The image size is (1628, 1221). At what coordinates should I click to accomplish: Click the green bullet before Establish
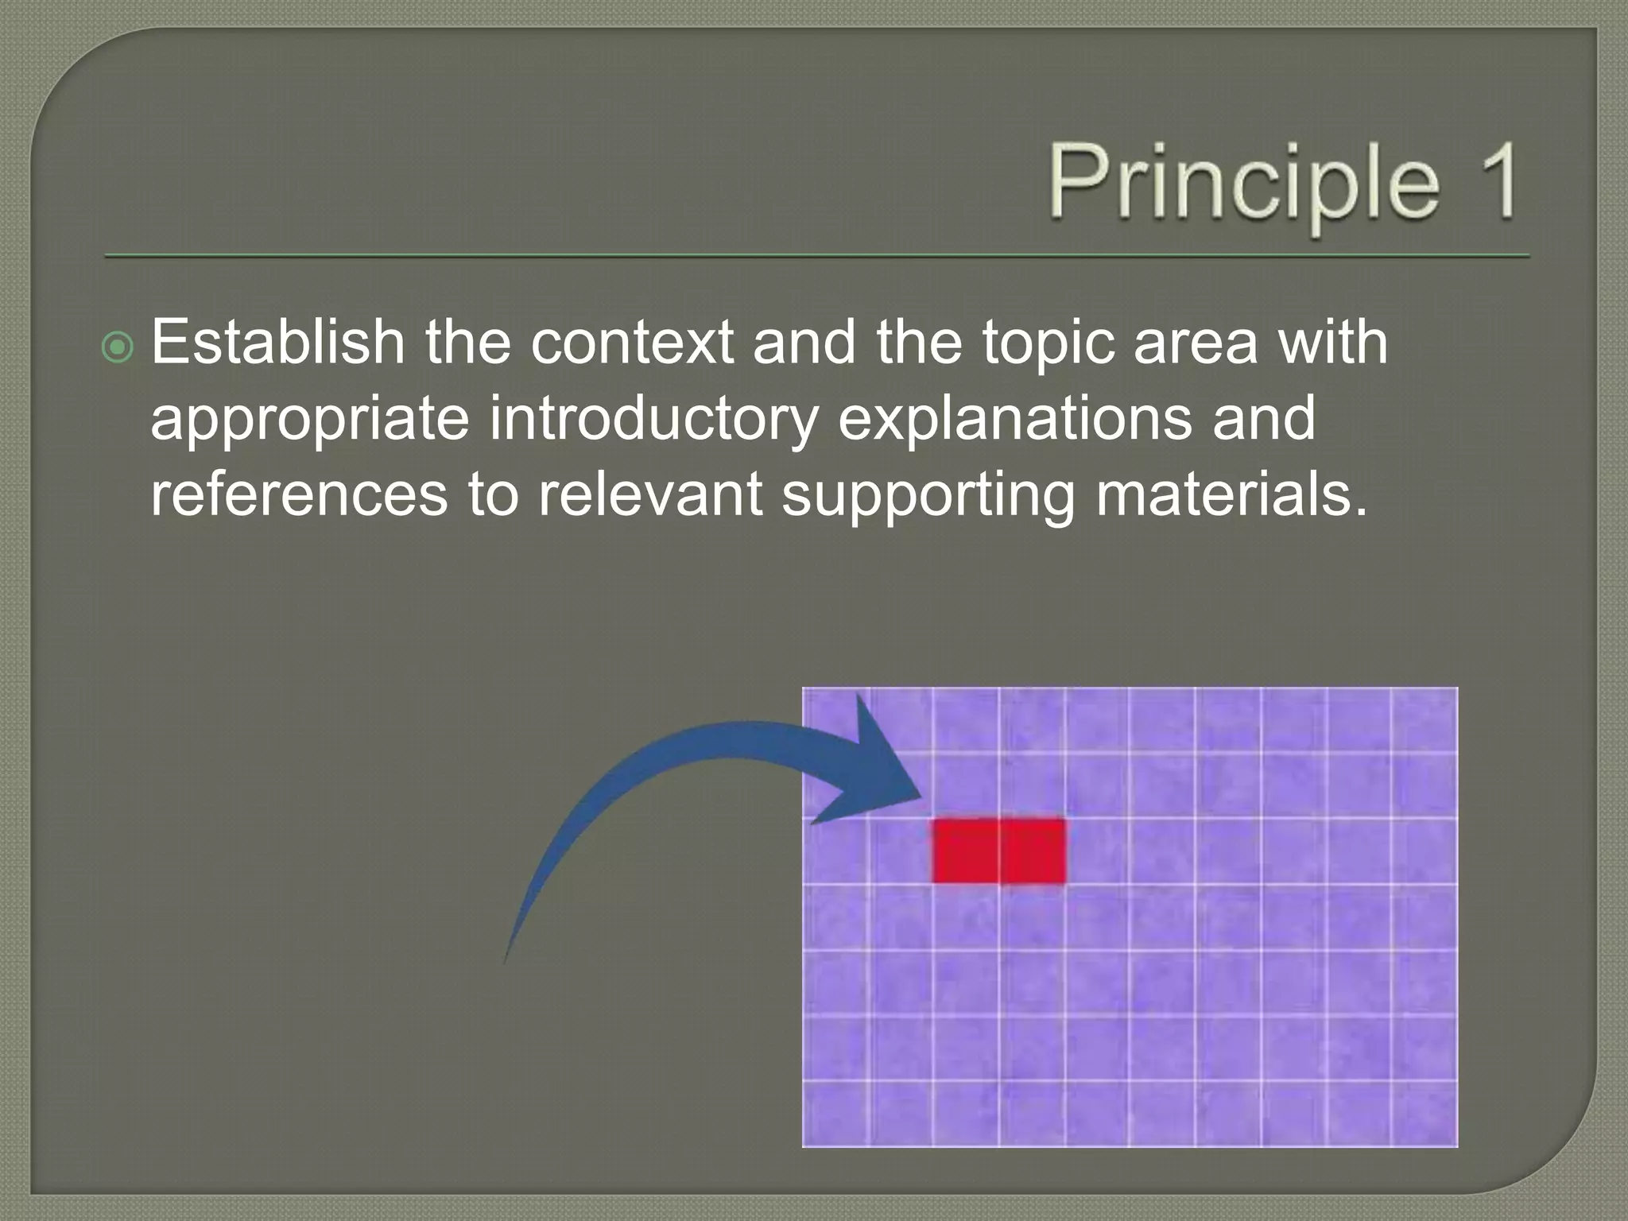(118, 347)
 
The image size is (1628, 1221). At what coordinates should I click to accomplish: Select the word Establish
(278, 342)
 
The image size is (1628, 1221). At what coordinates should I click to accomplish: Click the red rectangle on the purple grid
(998, 851)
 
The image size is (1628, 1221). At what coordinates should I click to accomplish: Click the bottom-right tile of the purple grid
(1424, 1114)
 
